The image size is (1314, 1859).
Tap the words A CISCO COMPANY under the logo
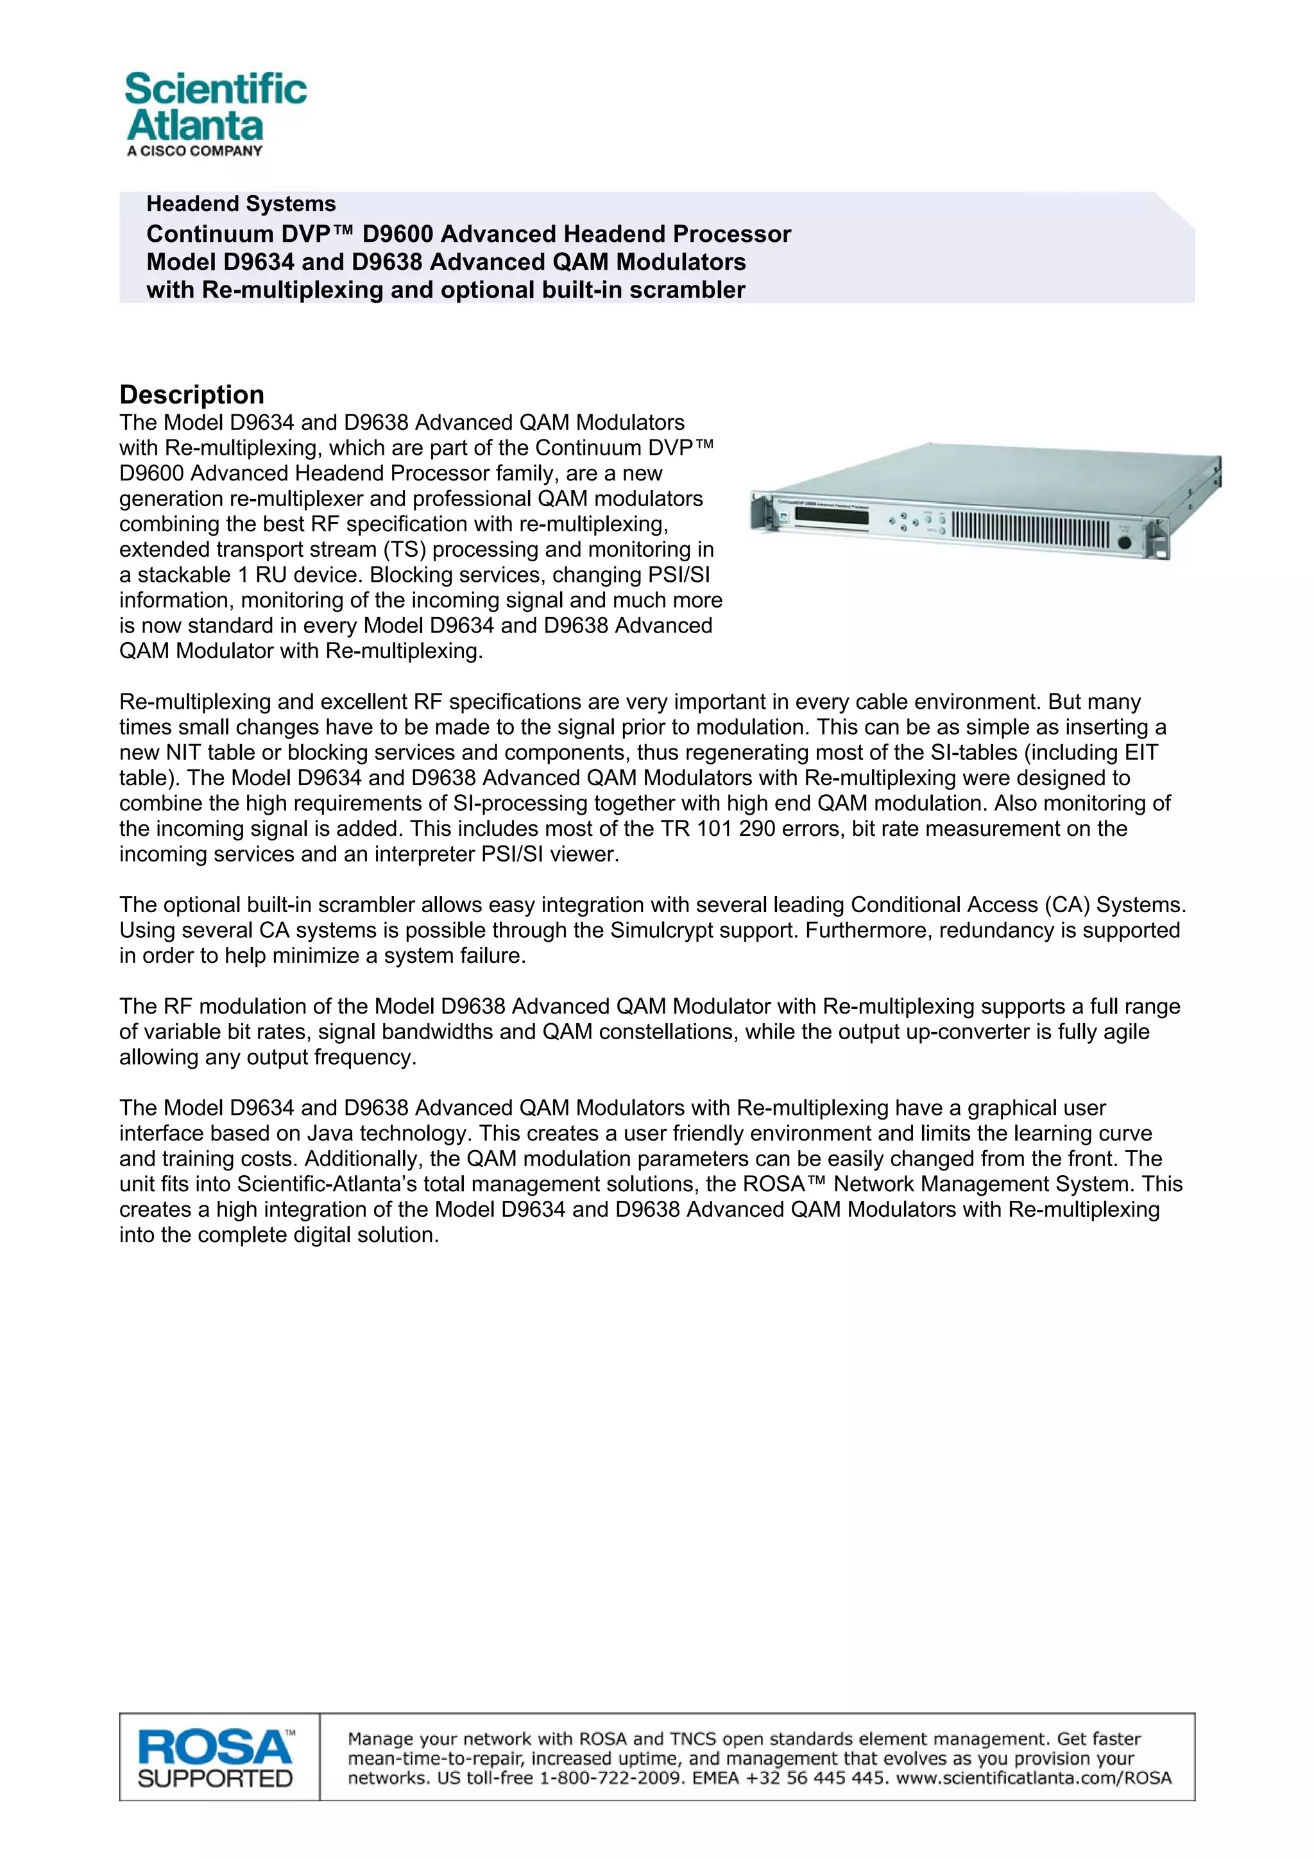194,151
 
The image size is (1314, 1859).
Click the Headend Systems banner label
241,204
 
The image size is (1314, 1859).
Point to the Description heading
192,395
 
